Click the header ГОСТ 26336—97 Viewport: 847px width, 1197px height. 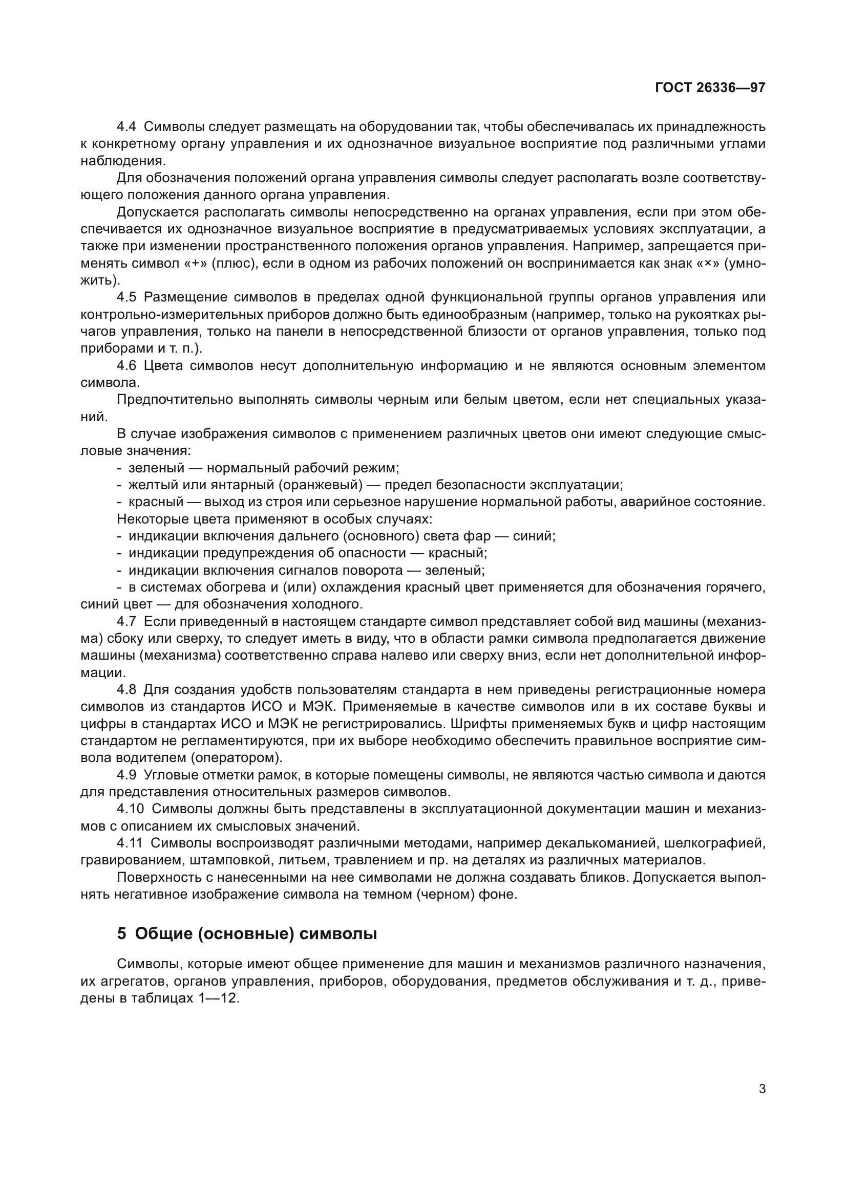pos(710,88)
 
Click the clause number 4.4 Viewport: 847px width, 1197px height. pos(126,127)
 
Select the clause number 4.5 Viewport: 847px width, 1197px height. pos(126,297)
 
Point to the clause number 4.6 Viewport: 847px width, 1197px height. pos(126,365)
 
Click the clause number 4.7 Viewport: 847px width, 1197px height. pos(126,621)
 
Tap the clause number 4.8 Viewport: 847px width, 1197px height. pos(126,690)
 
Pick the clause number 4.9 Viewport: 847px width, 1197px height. pos(126,775)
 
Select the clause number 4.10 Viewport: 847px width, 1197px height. pos(130,809)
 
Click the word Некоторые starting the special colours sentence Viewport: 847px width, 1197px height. pos(152,519)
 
